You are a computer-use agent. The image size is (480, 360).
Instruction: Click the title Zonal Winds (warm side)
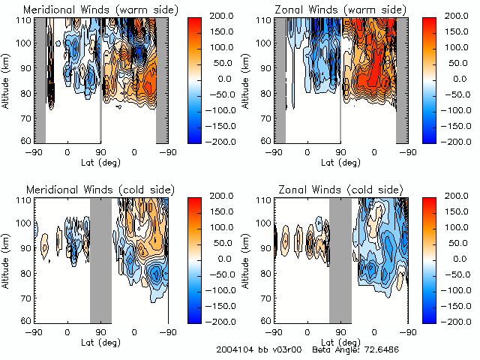pos(342,10)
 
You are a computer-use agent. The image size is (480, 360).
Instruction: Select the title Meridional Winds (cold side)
pos(101,190)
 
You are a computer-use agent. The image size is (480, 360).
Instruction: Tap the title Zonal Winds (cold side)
pos(341,190)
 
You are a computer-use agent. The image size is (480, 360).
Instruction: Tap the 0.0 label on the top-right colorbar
pos(463,78)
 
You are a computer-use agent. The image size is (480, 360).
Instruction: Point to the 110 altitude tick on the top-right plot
pos(265,20)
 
